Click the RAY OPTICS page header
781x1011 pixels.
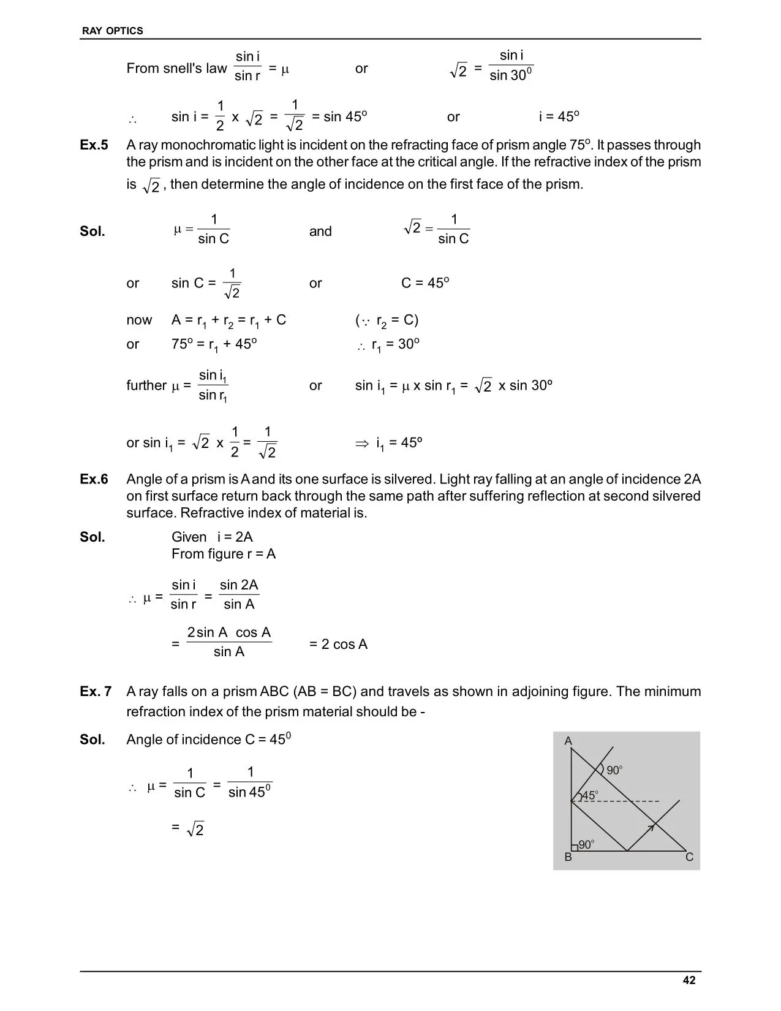pyautogui.click(x=112, y=31)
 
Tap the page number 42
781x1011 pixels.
pyautogui.click(x=689, y=980)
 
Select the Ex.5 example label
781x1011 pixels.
pyautogui.click(x=94, y=145)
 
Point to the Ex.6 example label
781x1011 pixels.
pyautogui.click(x=94, y=479)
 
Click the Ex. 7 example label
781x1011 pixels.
pyautogui.click(x=96, y=692)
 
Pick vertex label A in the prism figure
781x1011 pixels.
pyautogui.click(x=568, y=741)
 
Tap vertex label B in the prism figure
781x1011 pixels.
pyautogui.click(x=568, y=858)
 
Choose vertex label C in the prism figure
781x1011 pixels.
pyautogui.click(x=689, y=858)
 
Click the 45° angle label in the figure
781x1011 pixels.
pyautogui.click(x=589, y=796)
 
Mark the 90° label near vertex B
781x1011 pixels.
pyautogui.click(x=586, y=845)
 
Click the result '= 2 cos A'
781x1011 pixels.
pyautogui.click(x=338, y=645)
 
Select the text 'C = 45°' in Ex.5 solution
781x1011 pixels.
pyautogui.click(x=425, y=283)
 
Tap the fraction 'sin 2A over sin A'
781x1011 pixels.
pyautogui.click(x=239, y=594)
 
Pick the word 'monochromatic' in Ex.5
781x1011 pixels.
pyautogui.click(x=202, y=145)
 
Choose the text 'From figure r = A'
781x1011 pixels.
pyautogui.click(x=224, y=554)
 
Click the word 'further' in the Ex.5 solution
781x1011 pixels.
pyautogui.click(x=146, y=385)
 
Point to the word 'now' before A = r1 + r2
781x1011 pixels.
pyautogui.click(x=139, y=320)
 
